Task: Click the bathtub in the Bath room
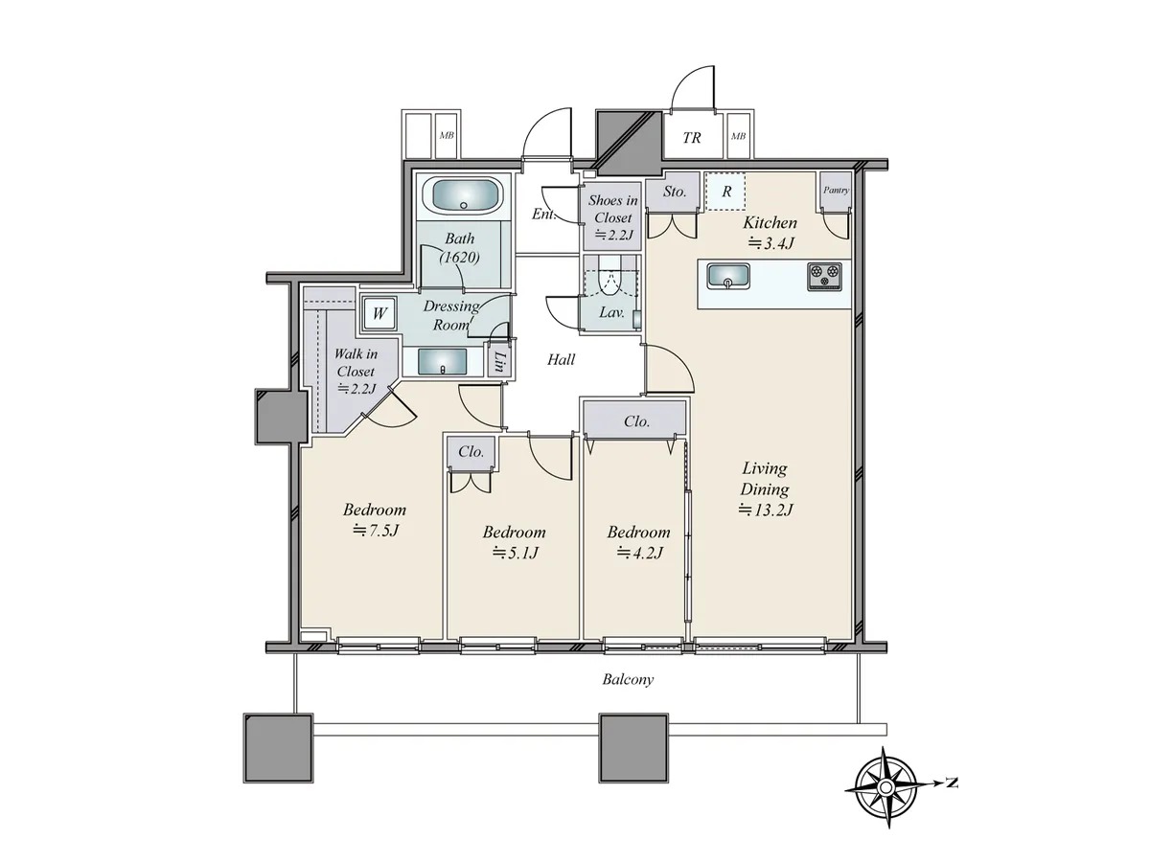coord(463,194)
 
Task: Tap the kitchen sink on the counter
coord(727,276)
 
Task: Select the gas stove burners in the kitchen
coord(824,276)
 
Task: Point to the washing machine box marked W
coord(379,313)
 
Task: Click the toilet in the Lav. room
coord(609,277)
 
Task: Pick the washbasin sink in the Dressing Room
coord(443,362)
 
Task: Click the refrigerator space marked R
coord(726,191)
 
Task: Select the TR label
coord(692,138)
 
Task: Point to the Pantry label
coord(836,190)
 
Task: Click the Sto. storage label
coord(675,192)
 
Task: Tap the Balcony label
coord(628,679)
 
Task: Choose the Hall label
coord(562,359)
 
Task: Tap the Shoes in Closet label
coord(613,208)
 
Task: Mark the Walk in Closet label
coord(356,362)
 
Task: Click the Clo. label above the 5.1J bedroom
coord(471,452)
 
